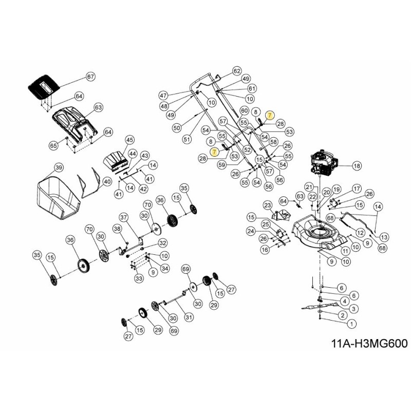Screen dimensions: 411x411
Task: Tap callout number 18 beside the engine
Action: point(357,166)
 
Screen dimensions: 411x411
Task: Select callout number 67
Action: point(90,77)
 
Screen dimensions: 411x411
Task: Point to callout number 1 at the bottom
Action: point(351,324)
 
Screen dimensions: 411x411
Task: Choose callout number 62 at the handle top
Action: point(237,71)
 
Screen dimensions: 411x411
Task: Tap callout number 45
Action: point(129,140)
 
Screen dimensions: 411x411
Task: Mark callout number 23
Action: point(267,206)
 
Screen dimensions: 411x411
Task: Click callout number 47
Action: point(163,96)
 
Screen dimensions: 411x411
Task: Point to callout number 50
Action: point(176,127)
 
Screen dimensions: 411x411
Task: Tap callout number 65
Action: point(53,146)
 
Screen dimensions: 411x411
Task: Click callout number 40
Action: point(107,181)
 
